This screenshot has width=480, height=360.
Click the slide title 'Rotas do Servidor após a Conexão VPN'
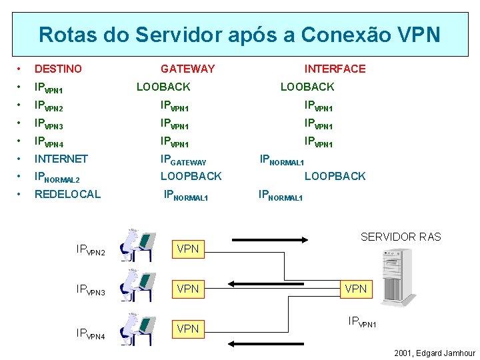pos(239,34)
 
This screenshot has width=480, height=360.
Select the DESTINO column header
pos(58,69)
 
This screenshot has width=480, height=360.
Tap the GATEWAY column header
pos(187,69)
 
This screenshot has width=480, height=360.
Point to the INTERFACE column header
pos(335,69)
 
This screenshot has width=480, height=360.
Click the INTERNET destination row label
pos(61,159)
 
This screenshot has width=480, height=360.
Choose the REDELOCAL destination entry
pos(67,194)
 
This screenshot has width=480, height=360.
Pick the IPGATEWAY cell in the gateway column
pos(183,161)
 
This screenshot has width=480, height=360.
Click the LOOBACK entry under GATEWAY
pos(163,87)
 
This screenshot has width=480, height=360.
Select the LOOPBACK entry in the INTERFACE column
pos(335,176)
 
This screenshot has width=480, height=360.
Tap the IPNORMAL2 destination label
pos(57,177)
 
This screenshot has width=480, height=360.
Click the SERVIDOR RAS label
pos(401,237)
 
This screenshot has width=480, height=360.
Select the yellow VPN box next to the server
pos(356,289)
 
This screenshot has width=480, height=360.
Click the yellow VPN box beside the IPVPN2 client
pos(187,249)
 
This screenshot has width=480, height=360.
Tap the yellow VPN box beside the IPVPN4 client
pos(187,328)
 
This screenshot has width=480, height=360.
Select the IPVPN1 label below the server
pos(363,323)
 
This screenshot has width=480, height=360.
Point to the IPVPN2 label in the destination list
pos(49,105)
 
